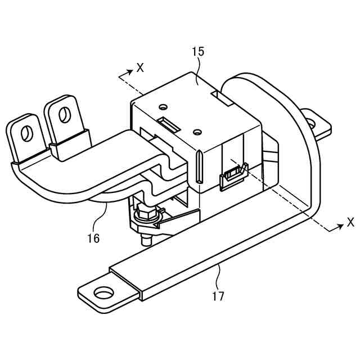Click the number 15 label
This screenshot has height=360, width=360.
point(198,52)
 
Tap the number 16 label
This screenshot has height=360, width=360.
point(93,238)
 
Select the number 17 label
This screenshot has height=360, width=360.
point(218,296)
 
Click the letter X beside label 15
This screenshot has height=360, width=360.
point(140,68)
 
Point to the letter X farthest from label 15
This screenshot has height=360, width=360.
point(350,222)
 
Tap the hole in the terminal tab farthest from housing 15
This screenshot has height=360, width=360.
point(25,134)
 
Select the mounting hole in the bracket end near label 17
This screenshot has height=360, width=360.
point(103,293)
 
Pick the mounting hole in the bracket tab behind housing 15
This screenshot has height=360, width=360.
point(310,122)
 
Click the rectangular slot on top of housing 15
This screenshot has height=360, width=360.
point(168,124)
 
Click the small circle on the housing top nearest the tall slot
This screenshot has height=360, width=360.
point(196,132)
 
